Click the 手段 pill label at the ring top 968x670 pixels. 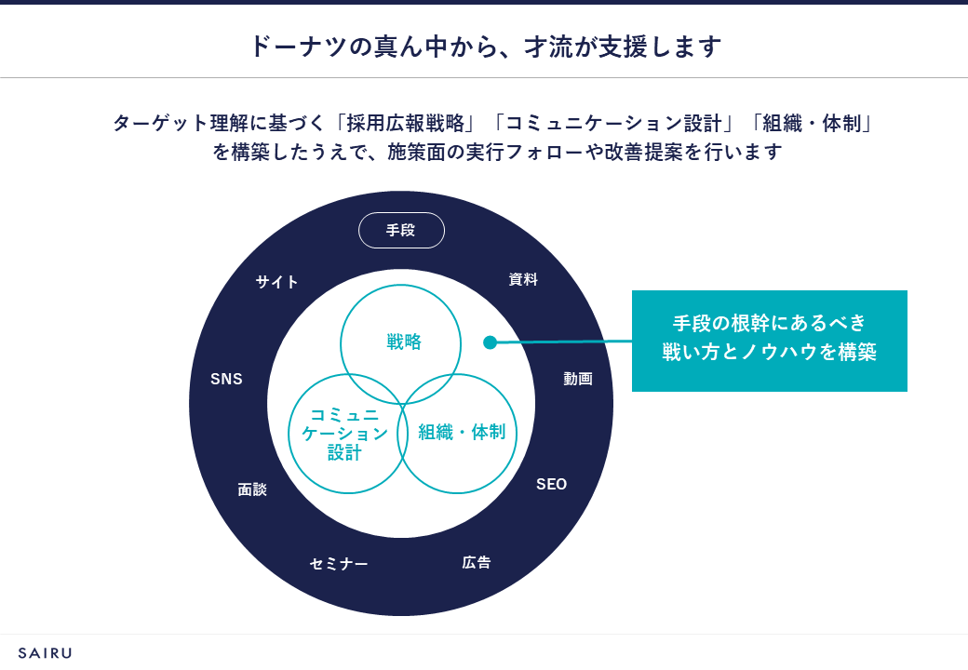[401, 231]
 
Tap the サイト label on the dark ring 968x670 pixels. [277, 282]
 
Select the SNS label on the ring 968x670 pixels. [226, 379]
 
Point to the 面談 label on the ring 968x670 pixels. [252, 489]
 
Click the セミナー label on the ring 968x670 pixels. [339, 564]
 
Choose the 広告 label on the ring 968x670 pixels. [477, 562]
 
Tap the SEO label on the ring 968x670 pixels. [551, 485]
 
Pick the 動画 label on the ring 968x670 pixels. [577, 379]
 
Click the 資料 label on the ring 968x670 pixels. [523, 279]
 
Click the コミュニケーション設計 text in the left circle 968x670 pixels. [344, 434]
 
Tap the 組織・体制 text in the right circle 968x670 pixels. [462, 432]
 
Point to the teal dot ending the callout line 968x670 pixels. [491, 342]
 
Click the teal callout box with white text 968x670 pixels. [769, 341]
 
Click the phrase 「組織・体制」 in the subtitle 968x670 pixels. [813, 123]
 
